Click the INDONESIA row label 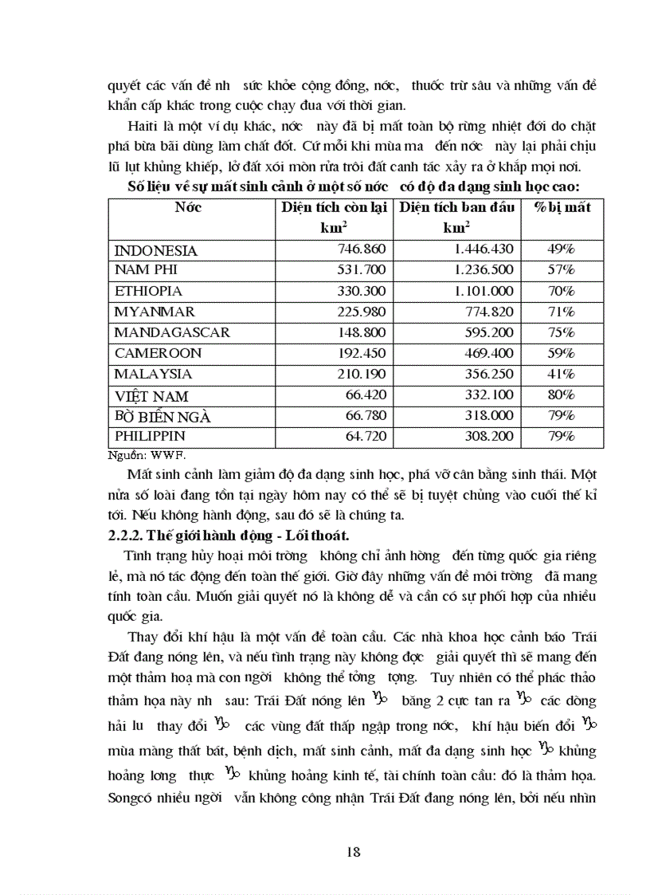click(155, 250)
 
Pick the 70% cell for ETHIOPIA click(561, 292)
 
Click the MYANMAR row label click(155, 312)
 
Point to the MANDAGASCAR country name click(171, 332)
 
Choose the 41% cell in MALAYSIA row click(561, 374)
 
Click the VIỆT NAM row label click(151, 395)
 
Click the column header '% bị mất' click(562, 207)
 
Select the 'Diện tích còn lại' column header click(334, 208)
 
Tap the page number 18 click(354, 851)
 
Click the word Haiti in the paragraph click(140, 126)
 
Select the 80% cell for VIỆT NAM click(561, 395)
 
